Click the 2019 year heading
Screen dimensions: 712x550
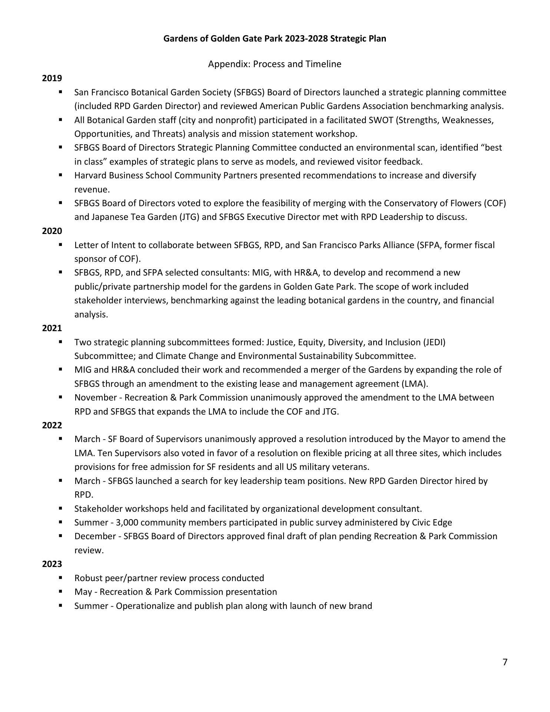(x=52, y=78)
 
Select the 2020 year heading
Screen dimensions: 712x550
(x=52, y=231)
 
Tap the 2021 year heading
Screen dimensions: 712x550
(x=52, y=328)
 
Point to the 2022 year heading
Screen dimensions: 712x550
(x=52, y=425)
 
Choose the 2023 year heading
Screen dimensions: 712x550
(x=52, y=564)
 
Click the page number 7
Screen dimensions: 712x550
(x=505, y=662)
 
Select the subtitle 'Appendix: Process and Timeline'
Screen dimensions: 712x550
(x=275, y=64)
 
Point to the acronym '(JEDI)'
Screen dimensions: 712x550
(x=434, y=342)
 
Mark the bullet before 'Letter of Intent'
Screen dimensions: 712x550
(x=60, y=244)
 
